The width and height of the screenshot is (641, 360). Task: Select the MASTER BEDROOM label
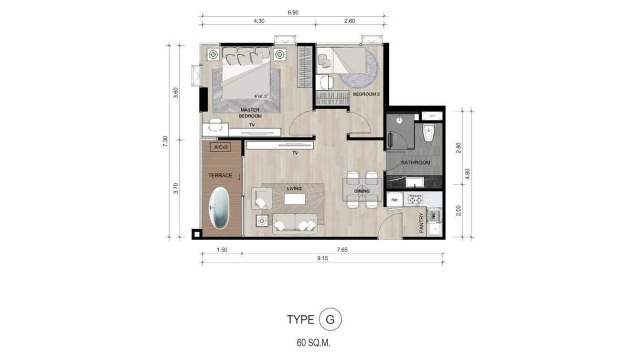tap(250, 113)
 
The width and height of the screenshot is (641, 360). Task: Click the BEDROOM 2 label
tap(366, 95)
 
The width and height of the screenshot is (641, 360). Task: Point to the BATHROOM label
tap(415, 163)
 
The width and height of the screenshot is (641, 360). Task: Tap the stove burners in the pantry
tap(414, 201)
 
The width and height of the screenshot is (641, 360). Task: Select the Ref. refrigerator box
tap(395, 200)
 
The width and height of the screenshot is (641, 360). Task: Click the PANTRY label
tap(421, 222)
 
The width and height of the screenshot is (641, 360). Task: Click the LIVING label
tap(294, 189)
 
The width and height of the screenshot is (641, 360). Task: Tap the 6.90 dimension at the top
tap(293, 12)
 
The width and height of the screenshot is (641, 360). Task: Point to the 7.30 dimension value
tap(166, 141)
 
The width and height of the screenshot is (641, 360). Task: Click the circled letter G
tap(330, 320)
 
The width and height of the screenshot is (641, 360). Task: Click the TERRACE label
tap(220, 176)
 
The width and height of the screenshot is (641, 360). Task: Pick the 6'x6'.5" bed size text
tap(263, 96)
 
